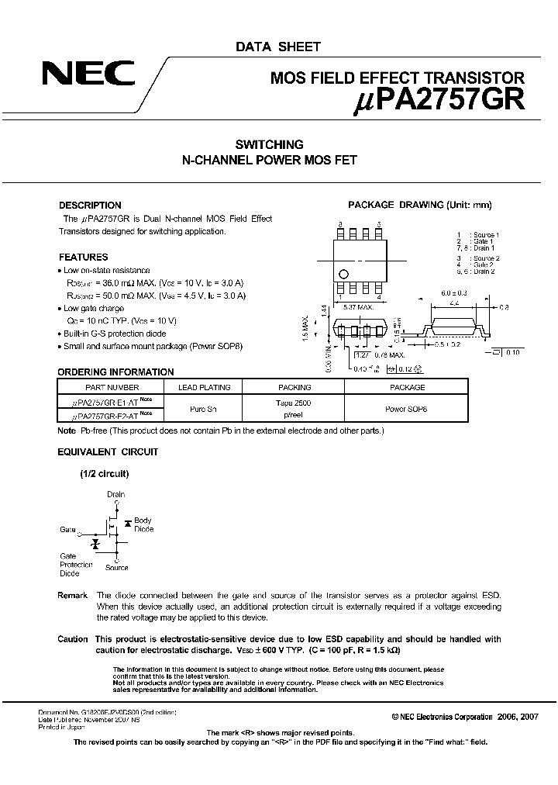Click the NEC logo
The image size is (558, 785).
[x=88, y=76]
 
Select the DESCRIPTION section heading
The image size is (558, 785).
[x=90, y=206]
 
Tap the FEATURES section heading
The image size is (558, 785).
[x=83, y=257]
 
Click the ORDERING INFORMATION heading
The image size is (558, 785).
[x=115, y=372]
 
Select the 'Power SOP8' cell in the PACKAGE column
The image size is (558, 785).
[x=406, y=408]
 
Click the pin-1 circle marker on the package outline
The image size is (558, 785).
[x=344, y=275]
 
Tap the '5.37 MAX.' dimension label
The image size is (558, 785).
[x=358, y=308]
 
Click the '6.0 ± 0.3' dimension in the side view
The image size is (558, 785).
[x=453, y=293]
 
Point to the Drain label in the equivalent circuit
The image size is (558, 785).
[x=115, y=494]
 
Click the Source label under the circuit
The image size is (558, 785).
[x=117, y=568]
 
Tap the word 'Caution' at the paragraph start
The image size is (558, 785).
[x=73, y=638]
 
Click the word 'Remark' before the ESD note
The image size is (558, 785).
[x=73, y=594]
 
